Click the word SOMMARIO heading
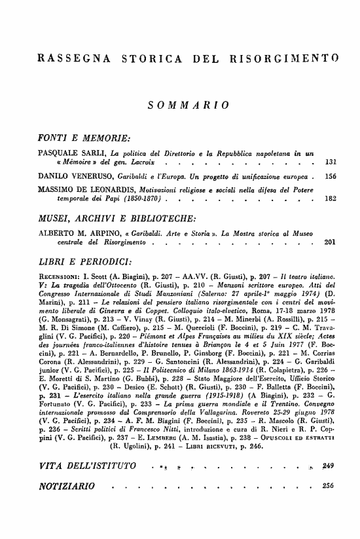[x=188, y=103]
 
